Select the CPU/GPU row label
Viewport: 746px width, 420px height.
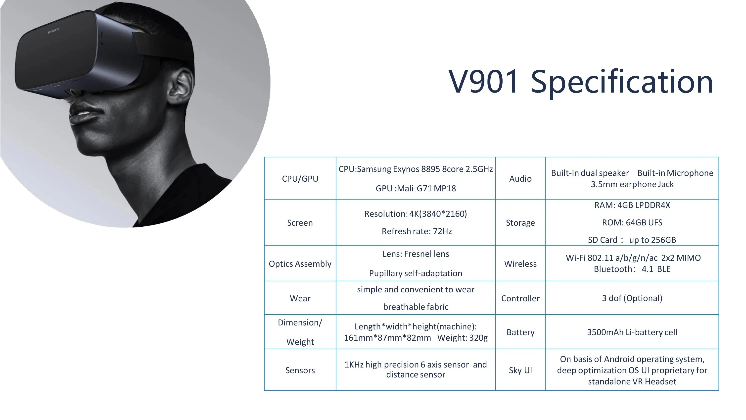tap(300, 179)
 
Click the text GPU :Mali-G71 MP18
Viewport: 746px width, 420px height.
tap(416, 188)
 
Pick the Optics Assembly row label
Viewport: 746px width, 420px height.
tap(300, 264)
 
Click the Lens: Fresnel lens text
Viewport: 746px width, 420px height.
tap(416, 254)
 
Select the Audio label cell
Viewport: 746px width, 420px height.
tap(520, 179)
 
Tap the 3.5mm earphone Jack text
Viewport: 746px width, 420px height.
tap(632, 184)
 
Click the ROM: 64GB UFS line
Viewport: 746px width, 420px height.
tap(632, 222)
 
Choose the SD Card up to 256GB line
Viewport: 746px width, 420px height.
tap(632, 240)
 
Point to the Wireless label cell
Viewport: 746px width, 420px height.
tap(520, 264)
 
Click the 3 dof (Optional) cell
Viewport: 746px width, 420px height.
tap(632, 298)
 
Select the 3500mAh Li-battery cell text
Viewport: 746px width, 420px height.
tap(632, 332)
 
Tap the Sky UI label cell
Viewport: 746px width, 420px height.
tap(520, 370)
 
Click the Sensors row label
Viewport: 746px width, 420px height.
tap(300, 370)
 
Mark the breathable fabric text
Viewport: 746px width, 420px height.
tap(416, 307)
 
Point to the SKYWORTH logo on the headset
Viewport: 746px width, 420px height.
tap(53, 31)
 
